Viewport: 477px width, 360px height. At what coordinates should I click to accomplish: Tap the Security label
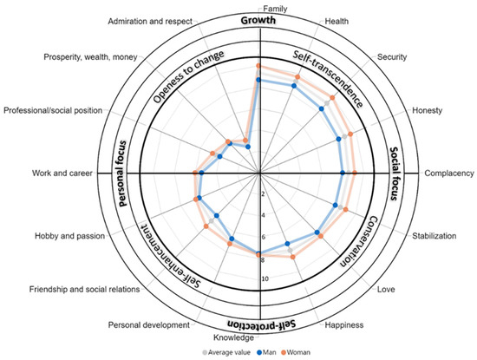394,58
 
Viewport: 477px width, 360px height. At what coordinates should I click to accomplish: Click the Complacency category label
448,173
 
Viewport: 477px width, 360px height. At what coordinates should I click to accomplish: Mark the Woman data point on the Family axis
258,66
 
